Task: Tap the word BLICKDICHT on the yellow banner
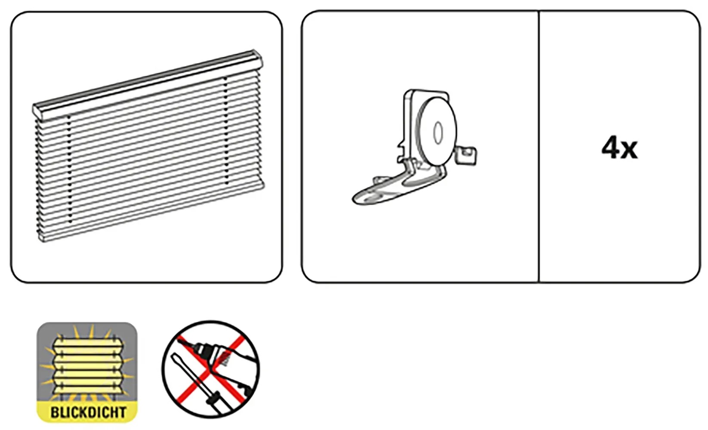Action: (x=88, y=413)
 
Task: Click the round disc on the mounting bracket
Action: (x=437, y=132)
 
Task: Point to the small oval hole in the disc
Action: (x=438, y=133)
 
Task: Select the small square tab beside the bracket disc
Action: (x=467, y=155)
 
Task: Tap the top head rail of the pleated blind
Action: (x=148, y=83)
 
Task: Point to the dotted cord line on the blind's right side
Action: (x=226, y=131)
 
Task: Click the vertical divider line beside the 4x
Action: (x=539, y=147)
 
